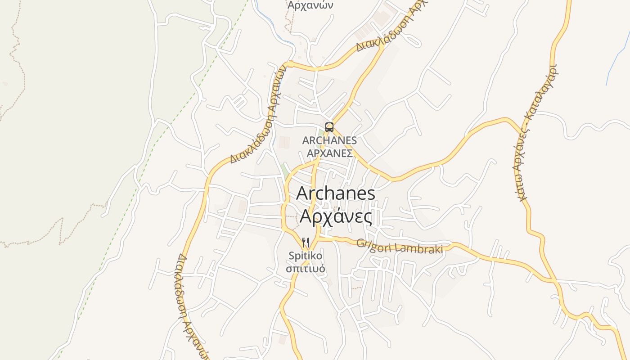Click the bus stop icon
329,127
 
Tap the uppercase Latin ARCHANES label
329,140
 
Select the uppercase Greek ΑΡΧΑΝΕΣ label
329,153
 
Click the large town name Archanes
336,193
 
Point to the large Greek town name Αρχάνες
336,216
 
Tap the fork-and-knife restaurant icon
306,243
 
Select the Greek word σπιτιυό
306,269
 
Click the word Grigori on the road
375,245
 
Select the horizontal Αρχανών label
310,5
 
